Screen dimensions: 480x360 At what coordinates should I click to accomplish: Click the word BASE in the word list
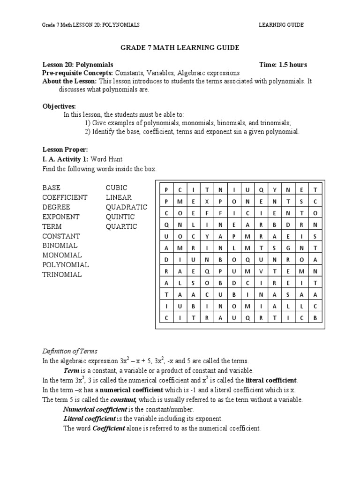point(51,188)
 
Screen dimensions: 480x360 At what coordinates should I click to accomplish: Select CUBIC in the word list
point(116,188)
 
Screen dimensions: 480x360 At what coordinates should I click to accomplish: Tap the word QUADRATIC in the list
point(126,207)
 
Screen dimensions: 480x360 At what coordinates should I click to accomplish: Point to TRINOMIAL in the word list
point(62,275)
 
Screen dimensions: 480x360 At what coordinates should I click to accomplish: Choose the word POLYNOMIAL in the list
point(66,265)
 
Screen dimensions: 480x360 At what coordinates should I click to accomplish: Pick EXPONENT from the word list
point(61,217)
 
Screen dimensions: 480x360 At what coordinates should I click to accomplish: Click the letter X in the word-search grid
point(207,201)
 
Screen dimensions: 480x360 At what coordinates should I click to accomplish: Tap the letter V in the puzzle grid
point(261,271)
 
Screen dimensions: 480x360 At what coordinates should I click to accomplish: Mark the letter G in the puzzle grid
point(288,248)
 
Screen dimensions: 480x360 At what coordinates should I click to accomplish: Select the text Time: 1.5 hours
point(283,65)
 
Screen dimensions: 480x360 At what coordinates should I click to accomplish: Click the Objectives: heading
point(59,107)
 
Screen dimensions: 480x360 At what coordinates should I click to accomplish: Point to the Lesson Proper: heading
point(65,150)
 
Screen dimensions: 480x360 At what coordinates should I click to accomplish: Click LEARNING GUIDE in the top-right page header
point(281,25)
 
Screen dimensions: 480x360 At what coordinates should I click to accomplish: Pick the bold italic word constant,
point(123,400)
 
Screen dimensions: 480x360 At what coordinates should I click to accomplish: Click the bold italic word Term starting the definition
point(71,371)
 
